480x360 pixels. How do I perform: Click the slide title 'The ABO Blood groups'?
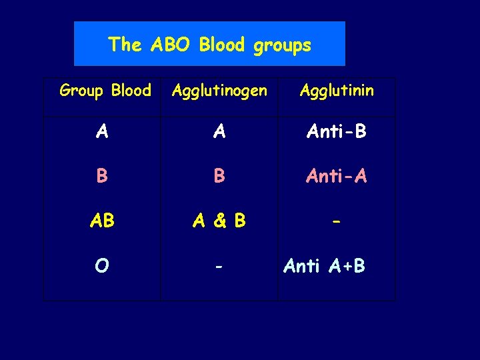[x=209, y=45]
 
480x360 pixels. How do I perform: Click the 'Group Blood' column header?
[x=105, y=90]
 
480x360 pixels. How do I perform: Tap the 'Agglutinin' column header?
[x=337, y=91]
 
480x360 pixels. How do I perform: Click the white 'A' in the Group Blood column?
[x=101, y=132]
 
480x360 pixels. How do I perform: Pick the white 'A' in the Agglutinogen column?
[x=219, y=132]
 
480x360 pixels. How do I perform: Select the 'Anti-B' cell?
[x=337, y=132]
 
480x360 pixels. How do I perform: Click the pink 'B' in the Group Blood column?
[x=101, y=176]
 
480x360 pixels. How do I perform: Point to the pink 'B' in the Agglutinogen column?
[x=219, y=176]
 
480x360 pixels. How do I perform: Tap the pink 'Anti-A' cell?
[x=337, y=176]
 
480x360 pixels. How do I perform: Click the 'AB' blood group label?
[x=101, y=221]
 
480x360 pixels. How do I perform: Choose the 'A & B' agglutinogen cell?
[x=219, y=221]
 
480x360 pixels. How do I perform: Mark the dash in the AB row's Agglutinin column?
[x=337, y=221]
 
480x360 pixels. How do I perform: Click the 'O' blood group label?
[x=101, y=266]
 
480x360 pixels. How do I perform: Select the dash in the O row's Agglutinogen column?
[x=219, y=266]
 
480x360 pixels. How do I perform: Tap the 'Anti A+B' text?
[x=324, y=266]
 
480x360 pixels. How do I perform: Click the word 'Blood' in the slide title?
[x=223, y=45]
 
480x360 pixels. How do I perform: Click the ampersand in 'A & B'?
[x=219, y=221]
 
